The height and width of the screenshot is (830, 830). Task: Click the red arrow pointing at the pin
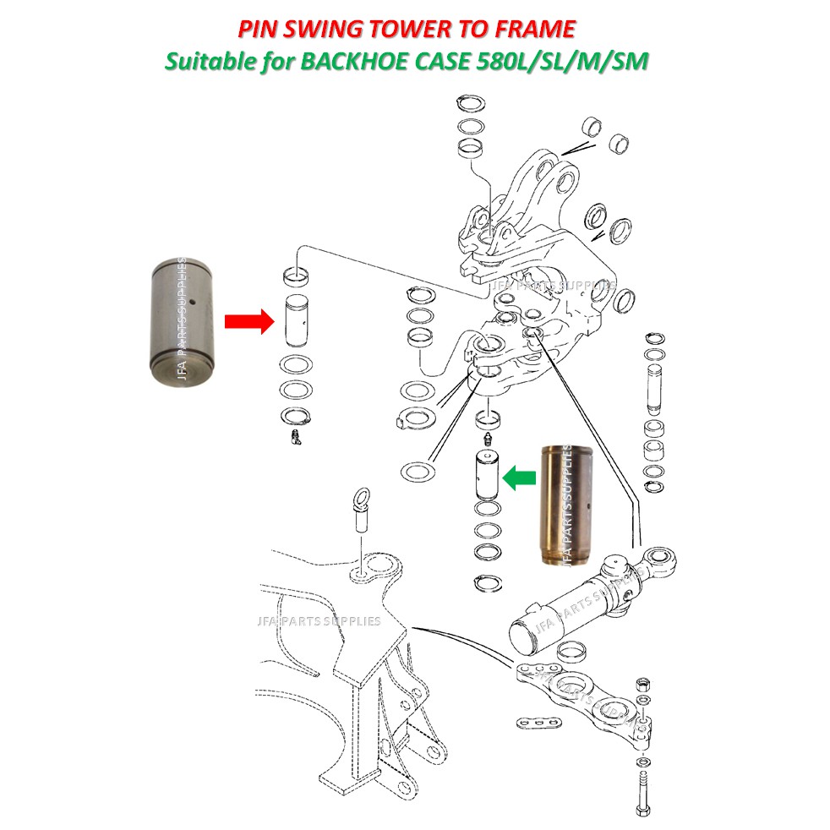pyautogui.click(x=248, y=321)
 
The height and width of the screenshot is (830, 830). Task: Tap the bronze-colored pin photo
pyautogui.click(x=561, y=504)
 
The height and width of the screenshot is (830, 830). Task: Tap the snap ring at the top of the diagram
pyautogui.click(x=470, y=104)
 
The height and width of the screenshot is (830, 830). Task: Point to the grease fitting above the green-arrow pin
pyautogui.click(x=487, y=440)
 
